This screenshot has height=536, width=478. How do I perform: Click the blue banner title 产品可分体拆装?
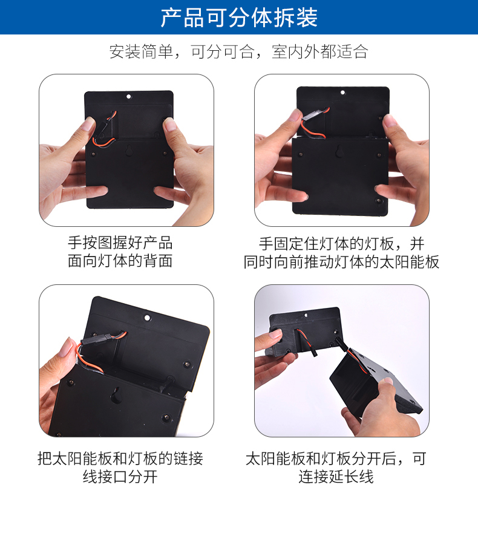tap(239, 18)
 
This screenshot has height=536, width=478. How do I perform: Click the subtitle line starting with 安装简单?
tap(238, 52)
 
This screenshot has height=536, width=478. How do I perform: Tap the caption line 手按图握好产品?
tap(120, 243)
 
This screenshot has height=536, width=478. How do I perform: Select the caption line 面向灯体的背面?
tap(120, 261)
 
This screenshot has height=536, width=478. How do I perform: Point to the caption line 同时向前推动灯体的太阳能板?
tap(341, 262)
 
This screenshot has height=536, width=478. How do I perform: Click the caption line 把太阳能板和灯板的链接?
tap(120, 459)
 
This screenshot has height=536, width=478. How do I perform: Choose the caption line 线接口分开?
tap(120, 477)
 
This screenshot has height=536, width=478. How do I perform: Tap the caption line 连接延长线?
tap(336, 477)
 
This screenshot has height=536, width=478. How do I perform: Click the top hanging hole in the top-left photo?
tap(129, 96)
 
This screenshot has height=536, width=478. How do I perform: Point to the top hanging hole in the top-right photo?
tap(342, 93)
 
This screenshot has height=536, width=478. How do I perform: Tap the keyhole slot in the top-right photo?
tap(339, 151)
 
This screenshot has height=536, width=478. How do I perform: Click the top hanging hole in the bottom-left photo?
tap(148, 318)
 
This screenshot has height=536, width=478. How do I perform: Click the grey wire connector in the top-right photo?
tap(312, 114)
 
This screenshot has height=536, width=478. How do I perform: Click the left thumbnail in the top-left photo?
tap(88, 124)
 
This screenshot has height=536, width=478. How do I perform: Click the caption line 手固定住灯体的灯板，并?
tap(341, 244)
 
